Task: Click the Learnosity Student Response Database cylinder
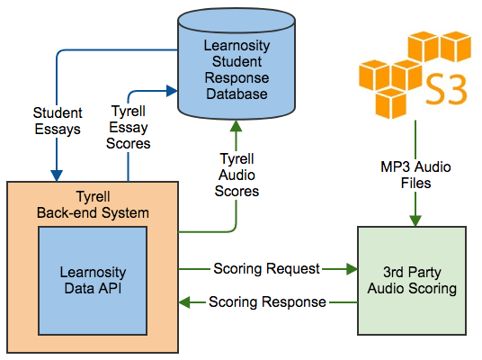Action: [237, 64]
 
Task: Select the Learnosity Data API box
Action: [93, 281]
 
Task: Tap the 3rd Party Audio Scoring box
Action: [412, 281]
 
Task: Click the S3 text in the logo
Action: [446, 89]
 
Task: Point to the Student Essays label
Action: [58, 121]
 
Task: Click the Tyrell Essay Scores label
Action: [129, 128]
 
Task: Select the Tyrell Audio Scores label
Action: [237, 175]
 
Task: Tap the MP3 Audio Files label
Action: [415, 175]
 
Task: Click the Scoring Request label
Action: [266, 268]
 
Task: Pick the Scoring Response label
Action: [267, 301]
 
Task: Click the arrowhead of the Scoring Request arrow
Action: [352, 269]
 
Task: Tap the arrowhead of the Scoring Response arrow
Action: [184, 302]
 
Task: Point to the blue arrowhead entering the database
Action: [172, 91]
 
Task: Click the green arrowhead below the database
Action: [237, 126]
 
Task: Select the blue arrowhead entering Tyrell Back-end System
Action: [57, 175]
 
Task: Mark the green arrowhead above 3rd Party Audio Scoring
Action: [415, 220]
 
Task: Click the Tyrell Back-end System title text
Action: [93, 204]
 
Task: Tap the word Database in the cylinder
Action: [237, 94]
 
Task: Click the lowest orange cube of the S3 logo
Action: [390, 103]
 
